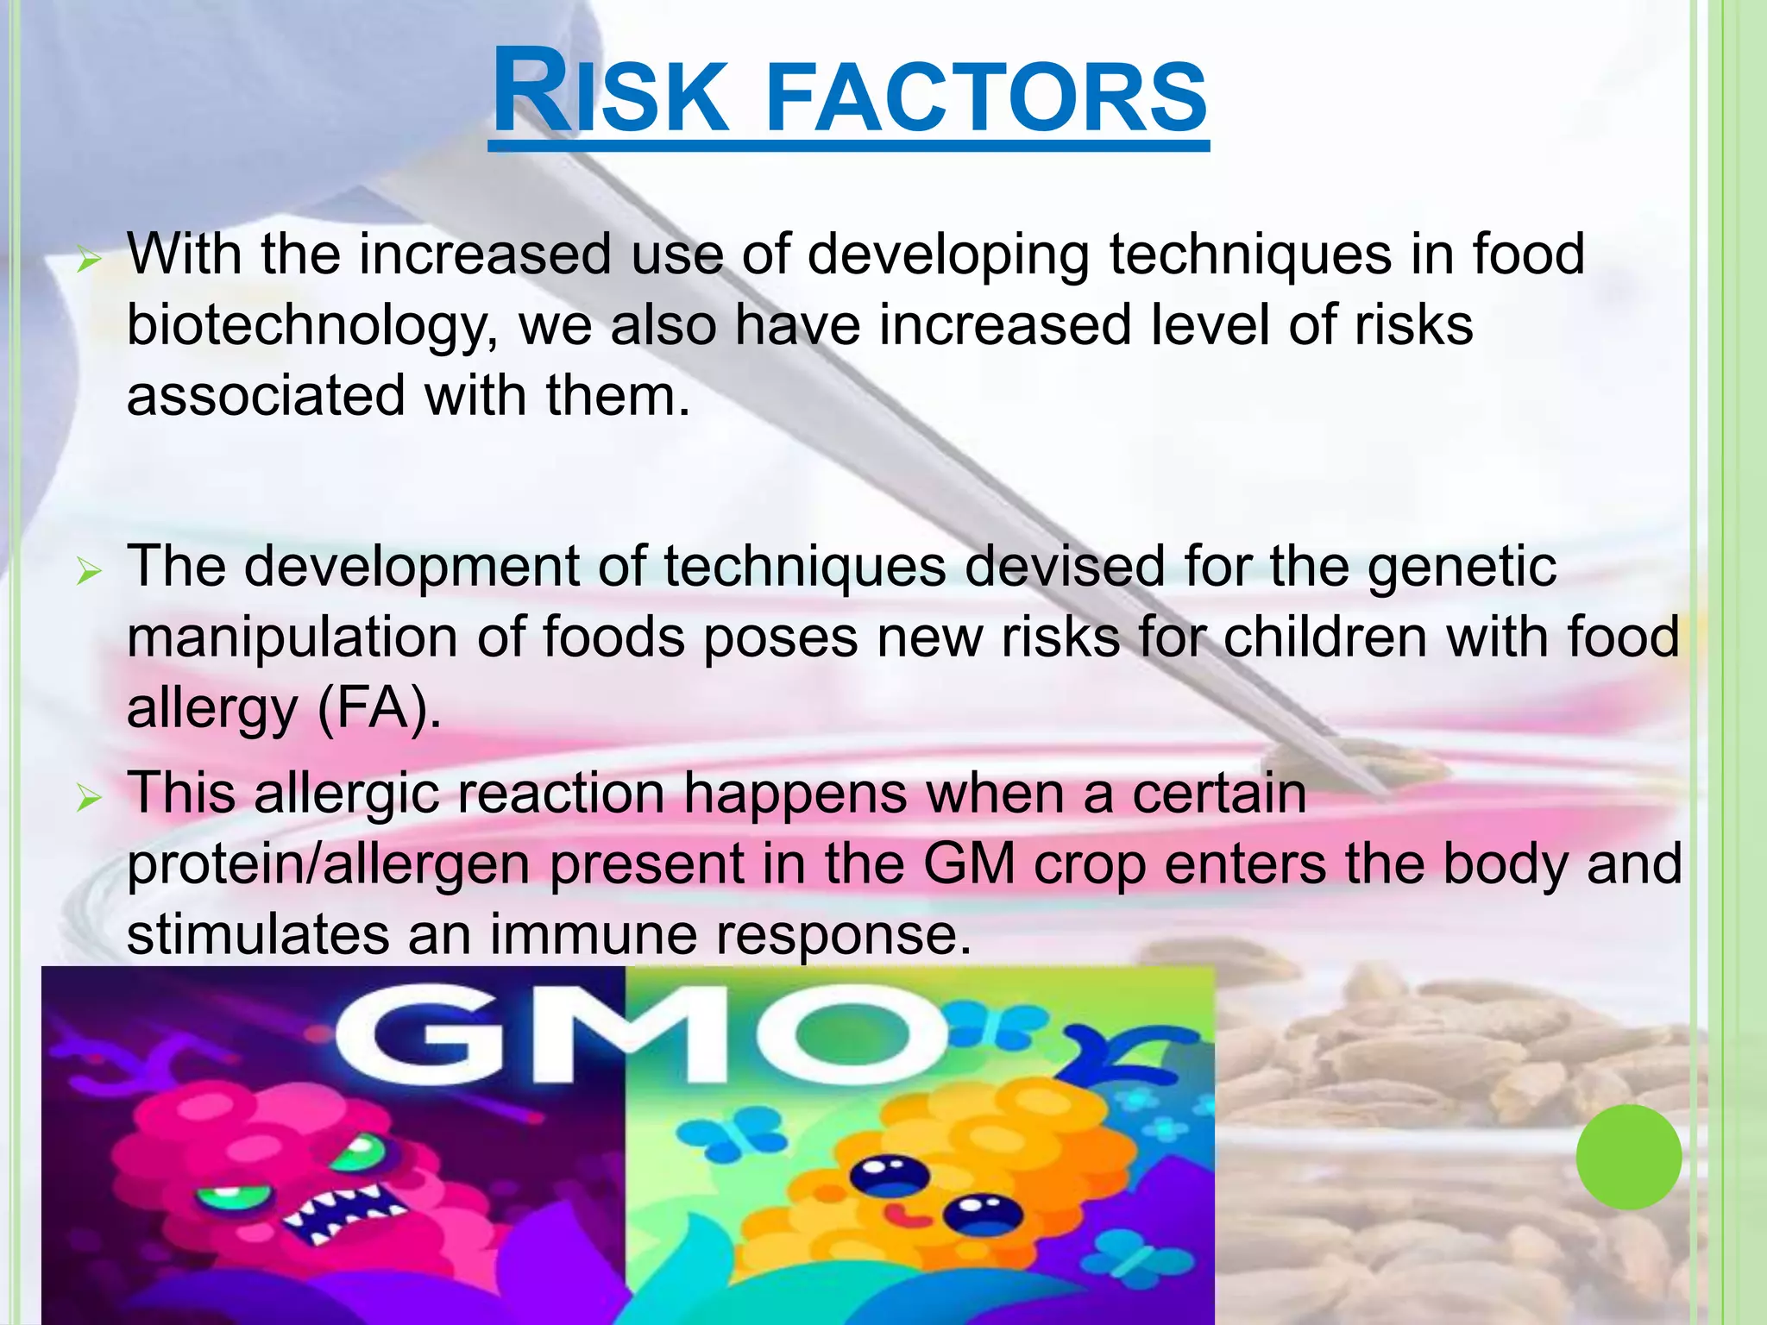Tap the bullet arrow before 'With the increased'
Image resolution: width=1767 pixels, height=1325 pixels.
pyautogui.click(x=88, y=259)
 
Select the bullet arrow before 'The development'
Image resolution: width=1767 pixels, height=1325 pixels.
pyautogui.click(x=88, y=571)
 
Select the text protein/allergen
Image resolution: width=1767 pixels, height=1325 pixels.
pyautogui.click(x=328, y=865)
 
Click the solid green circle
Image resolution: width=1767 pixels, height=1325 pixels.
pyautogui.click(x=1628, y=1157)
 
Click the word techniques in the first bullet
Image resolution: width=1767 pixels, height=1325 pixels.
pyautogui.click(x=1249, y=256)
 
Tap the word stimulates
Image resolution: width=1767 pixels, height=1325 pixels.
pyautogui.click(x=257, y=935)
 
